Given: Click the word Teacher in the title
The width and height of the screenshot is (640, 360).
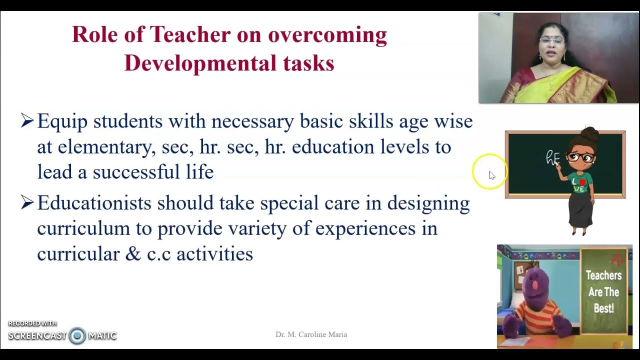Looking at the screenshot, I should [x=190, y=35].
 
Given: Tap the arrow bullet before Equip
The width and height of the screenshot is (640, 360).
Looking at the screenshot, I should [x=27, y=120].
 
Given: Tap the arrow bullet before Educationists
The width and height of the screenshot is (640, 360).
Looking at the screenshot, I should [x=27, y=202].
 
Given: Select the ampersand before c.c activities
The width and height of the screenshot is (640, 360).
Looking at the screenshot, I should [x=133, y=254].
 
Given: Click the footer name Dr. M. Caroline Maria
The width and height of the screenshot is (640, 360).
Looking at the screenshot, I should [x=311, y=334].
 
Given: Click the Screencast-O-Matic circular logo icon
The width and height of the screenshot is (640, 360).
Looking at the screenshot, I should [x=77, y=336].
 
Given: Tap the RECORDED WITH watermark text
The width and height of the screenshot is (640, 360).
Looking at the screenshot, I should [x=32, y=323].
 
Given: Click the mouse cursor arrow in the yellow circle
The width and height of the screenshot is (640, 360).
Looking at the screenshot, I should [x=492, y=175].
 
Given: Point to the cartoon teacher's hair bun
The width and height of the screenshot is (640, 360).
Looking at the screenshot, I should [x=590, y=134].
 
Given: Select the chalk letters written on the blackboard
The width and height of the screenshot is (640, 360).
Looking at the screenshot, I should [x=552, y=159].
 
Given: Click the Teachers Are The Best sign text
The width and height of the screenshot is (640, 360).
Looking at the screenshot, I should [x=603, y=292].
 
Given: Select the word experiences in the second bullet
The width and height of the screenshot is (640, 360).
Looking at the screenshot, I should [x=365, y=228].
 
